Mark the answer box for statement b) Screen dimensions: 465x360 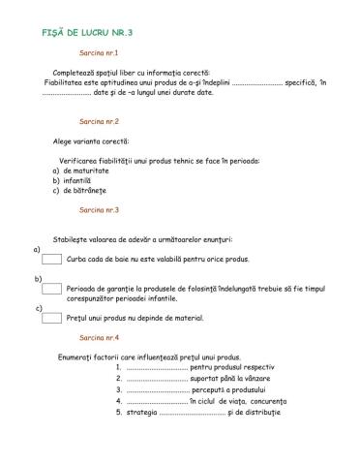(x=52, y=288)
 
